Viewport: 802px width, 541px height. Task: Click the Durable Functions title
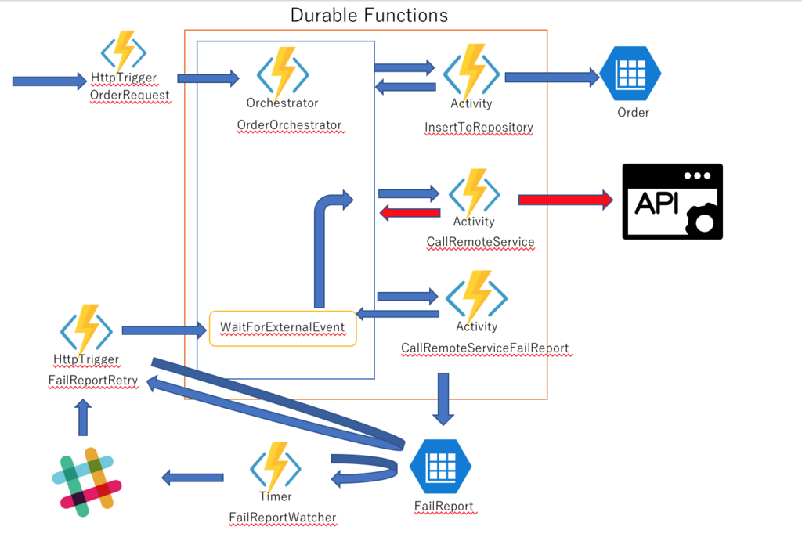click(x=369, y=15)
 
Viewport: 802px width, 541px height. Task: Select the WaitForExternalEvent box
click(x=283, y=328)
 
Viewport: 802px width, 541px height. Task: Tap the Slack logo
click(x=86, y=481)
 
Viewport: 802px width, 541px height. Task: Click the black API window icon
click(x=672, y=201)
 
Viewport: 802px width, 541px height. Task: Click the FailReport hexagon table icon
click(x=441, y=467)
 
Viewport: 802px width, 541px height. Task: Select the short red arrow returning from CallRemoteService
click(x=410, y=213)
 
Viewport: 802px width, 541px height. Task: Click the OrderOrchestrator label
click(x=289, y=125)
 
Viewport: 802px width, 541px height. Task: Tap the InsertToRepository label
click(x=479, y=127)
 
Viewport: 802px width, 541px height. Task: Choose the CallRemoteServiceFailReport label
click(x=486, y=348)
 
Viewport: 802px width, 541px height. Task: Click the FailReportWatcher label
click(x=282, y=518)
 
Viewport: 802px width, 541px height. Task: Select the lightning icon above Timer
click(x=276, y=467)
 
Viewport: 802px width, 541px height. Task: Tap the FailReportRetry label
click(x=93, y=381)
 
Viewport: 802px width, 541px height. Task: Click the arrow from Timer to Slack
click(x=192, y=477)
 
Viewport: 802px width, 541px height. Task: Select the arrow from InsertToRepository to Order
click(x=551, y=77)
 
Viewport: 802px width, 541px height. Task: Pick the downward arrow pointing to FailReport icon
click(x=443, y=398)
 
